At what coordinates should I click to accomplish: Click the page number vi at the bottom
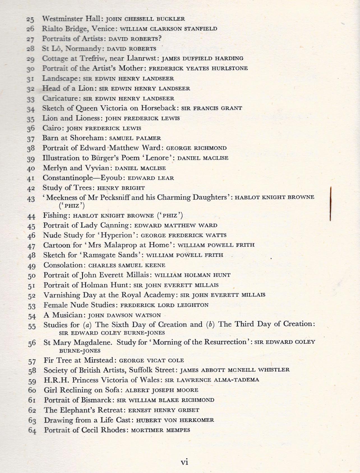pyautogui.click(x=184, y=462)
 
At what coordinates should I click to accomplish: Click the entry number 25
pyautogui.click(x=30, y=19)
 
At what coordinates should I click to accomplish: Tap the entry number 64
pyautogui.click(x=32, y=430)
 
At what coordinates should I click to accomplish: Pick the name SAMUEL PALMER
pyautogui.click(x=135, y=138)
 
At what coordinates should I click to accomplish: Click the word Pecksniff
pyautogui.click(x=115, y=198)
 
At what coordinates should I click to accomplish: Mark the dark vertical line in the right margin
pyautogui.click(x=331, y=204)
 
